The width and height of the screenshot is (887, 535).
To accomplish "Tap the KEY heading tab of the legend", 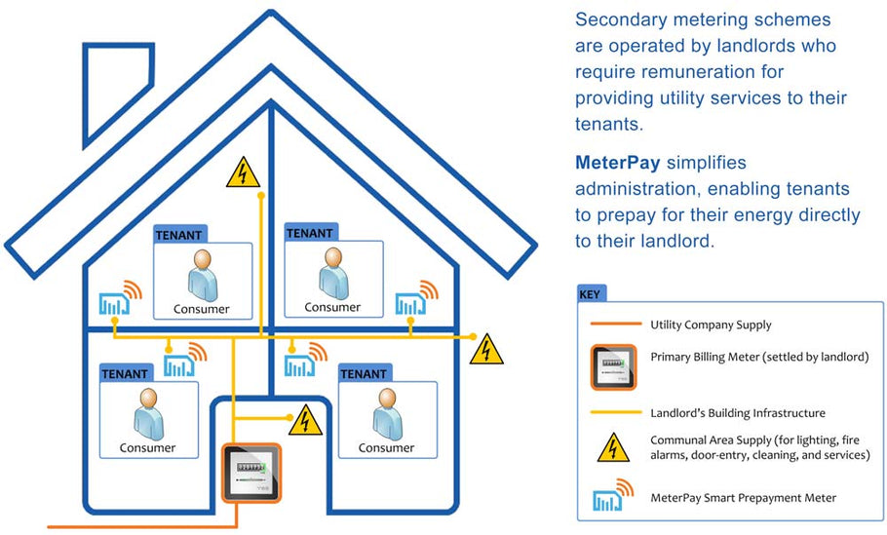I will [591, 292].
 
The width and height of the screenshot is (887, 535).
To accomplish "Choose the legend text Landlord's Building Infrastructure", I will [738, 412].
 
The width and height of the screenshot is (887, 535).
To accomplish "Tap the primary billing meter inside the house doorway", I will [251, 474].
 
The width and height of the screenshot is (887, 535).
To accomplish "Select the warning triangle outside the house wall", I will [486, 349].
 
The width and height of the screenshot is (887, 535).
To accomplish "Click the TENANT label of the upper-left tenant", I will [178, 234].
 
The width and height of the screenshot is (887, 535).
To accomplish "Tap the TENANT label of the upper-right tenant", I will [309, 233].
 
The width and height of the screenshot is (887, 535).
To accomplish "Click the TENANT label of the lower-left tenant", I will [124, 373].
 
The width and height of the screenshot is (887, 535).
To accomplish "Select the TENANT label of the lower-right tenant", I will [363, 373].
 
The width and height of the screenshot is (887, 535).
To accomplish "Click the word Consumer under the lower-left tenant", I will [147, 448].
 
